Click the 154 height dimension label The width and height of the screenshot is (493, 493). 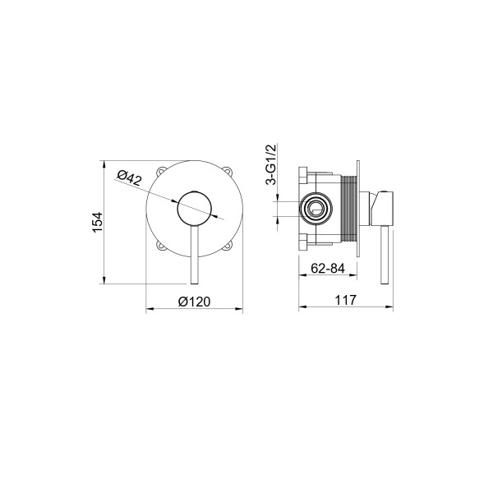click(98, 223)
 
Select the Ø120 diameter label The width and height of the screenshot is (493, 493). click(194, 302)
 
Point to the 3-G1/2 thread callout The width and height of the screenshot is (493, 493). click(271, 164)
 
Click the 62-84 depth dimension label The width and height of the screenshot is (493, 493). click(328, 268)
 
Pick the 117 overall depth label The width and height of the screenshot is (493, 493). click(346, 300)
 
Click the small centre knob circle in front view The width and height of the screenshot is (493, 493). click(195, 209)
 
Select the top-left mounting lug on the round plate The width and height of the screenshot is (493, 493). click(160, 172)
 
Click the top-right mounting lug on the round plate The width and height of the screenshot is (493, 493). click(229, 172)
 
